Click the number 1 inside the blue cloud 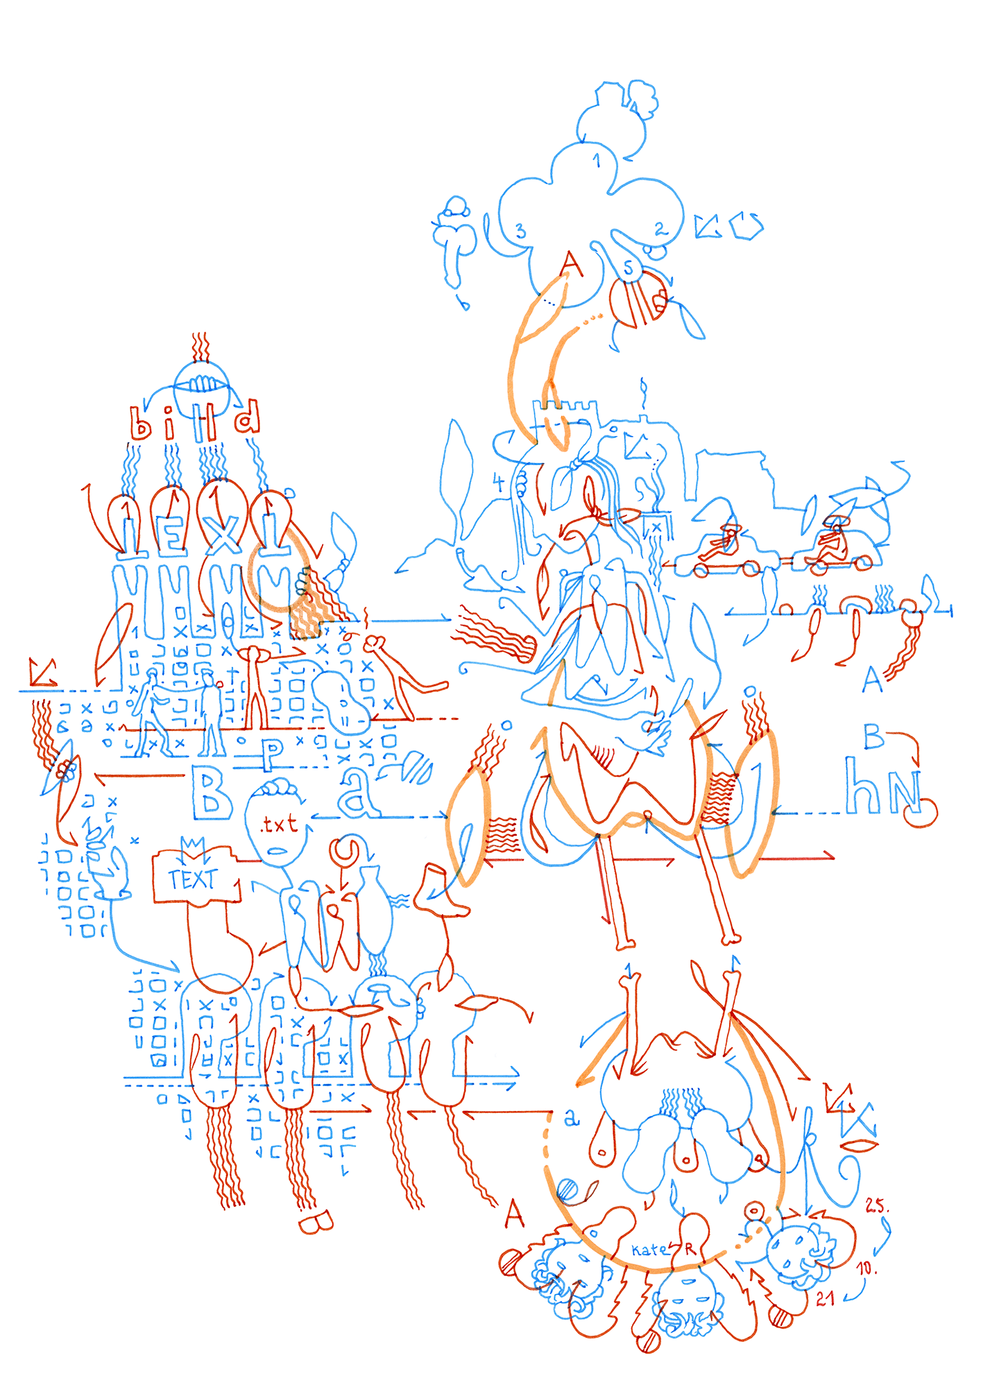coord(597,161)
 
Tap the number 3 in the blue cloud coord(520,231)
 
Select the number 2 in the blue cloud coord(660,228)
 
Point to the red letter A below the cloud coord(572,264)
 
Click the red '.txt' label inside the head coord(279,824)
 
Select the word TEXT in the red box coord(193,879)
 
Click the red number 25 coord(876,1205)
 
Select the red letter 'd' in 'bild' coord(247,417)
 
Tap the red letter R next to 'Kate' coord(690,1250)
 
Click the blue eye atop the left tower coord(201,382)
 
